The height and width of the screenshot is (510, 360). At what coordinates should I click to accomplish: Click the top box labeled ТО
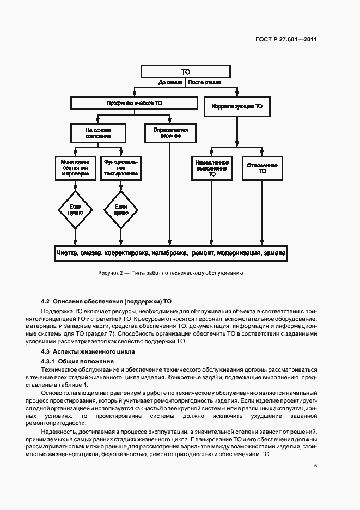186,71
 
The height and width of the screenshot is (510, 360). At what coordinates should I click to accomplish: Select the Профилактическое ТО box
134,103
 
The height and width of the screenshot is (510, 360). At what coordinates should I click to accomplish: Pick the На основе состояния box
98,133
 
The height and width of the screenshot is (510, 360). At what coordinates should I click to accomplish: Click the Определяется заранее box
170,133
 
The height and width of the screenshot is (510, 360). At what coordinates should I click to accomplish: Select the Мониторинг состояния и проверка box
75,168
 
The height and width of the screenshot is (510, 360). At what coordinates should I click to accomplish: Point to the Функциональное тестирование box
121,168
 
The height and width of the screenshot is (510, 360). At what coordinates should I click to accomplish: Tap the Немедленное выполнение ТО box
211,168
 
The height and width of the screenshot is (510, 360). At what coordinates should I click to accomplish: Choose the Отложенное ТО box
262,168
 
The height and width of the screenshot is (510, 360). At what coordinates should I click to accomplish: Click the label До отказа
170,83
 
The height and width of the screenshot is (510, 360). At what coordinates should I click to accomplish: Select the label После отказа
204,83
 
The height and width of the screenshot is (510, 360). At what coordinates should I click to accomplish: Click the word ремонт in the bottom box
203,253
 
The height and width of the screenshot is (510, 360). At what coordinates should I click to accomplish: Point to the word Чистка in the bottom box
68,253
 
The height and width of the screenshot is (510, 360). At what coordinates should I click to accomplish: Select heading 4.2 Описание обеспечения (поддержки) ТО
106,301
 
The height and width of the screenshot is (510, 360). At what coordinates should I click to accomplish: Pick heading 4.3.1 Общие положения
77,361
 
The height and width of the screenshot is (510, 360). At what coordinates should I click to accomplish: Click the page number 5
315,466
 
